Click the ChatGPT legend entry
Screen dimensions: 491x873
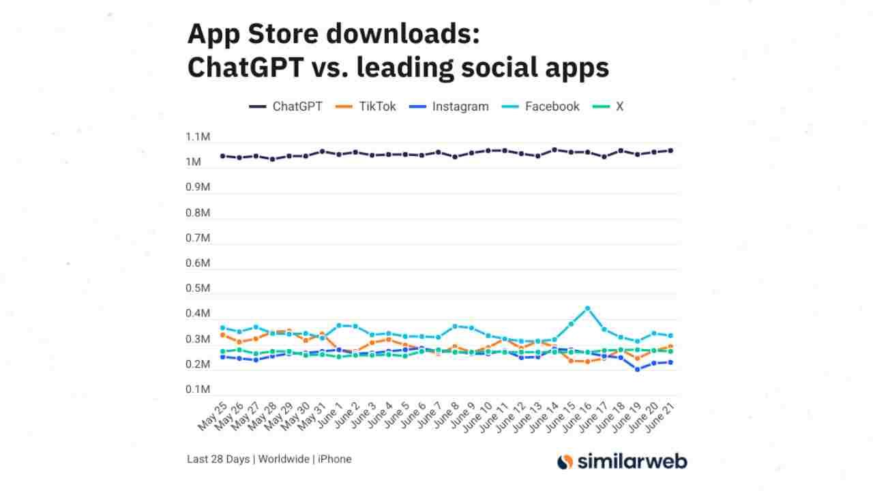(x=286, y=106)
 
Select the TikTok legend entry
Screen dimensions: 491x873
(x=367, y=106)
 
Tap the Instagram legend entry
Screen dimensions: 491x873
(x=450, y=106)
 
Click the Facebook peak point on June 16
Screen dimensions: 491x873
(x=587, y=308)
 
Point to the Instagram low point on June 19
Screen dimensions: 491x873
(x=637, y=369)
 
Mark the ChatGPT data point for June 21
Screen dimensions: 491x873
(x=670, y=150)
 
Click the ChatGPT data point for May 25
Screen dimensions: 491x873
(x=222, y=155)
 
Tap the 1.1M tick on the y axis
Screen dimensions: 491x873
(x=198, y=137)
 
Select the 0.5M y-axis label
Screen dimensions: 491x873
(x=198, y=288)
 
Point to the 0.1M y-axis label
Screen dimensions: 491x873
(x=198, y=389)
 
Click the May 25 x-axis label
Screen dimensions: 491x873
(x=213, y=416)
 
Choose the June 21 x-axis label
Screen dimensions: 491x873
(x=661, y=416)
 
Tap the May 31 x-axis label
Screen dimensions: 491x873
(x=313, y=416)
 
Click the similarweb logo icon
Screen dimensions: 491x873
(x=565, y=462)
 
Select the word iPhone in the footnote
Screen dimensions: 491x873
(x=334, y=459)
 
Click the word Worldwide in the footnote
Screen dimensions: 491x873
(x=282, y=459)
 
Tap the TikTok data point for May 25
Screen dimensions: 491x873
(x=222, y=334)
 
